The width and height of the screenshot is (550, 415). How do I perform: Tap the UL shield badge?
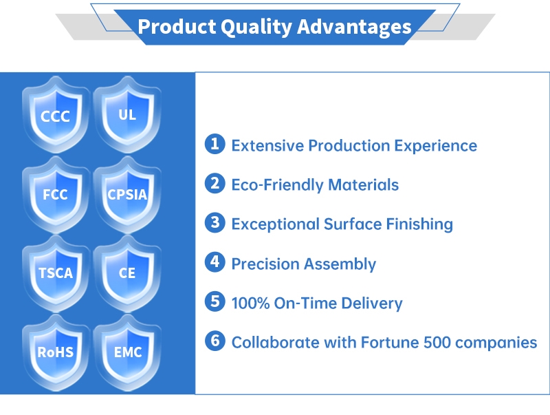(x=127, y=114)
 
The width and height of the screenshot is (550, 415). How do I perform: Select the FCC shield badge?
(x=56, y=195)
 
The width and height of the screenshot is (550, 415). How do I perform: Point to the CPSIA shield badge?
(x=127, y=195)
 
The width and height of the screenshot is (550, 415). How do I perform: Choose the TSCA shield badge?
(x=56, y=273)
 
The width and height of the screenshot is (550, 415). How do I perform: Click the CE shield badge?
(x=127, y=273)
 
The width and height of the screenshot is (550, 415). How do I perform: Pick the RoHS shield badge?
(x=56, y=352)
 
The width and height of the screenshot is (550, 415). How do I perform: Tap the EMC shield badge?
(x=127, y=352)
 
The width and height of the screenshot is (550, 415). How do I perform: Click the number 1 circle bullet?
(x=215, y=145)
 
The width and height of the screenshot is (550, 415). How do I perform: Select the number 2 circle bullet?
(x=215, y=184)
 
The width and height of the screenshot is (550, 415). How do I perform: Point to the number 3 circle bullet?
(x=215, y=223)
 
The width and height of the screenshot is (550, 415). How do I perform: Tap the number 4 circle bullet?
(x=215, y=263)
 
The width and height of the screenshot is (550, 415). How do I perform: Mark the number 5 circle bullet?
(x=215, y=302)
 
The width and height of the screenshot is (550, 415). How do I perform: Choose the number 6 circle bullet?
(x=215, y=341)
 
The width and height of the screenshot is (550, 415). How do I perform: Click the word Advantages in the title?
(x=355, y=27)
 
